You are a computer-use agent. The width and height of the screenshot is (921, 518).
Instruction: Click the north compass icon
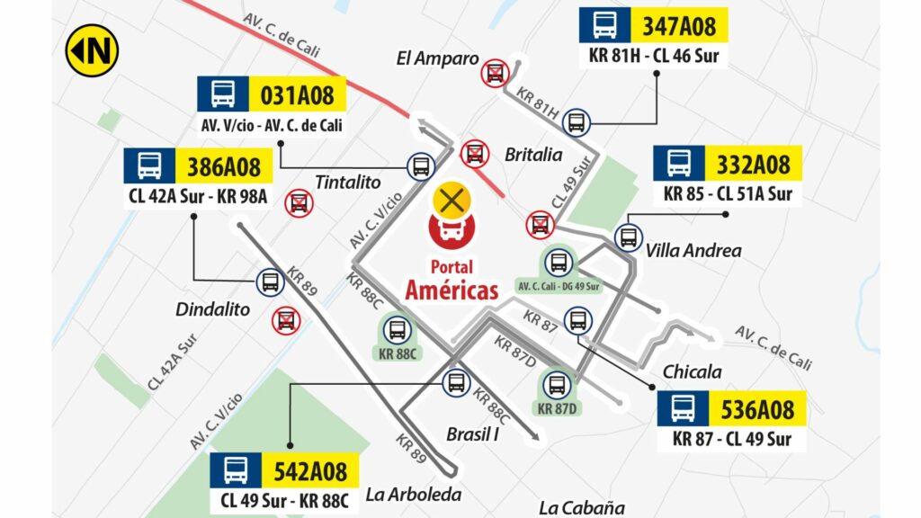point(92,50)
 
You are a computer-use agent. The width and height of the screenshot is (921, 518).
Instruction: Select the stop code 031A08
point(297,94)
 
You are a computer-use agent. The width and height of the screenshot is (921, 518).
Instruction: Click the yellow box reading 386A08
point(223,165)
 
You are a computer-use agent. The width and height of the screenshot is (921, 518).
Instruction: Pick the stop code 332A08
point(753,164)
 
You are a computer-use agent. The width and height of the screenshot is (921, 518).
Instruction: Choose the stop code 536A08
point(757,409)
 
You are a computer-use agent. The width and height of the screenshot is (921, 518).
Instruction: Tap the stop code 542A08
point(309,470)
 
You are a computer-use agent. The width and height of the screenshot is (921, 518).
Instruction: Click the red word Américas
point(451,290)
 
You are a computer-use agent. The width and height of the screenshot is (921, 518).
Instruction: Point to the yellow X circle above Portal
point(451,201)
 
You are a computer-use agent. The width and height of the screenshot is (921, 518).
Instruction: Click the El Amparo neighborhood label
point(437,59)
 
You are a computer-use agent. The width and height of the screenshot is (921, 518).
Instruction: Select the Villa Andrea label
point(693,251)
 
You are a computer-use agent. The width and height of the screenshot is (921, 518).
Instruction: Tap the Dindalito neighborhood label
point(212,308)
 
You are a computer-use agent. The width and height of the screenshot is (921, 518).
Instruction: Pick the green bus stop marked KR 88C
point(398,336)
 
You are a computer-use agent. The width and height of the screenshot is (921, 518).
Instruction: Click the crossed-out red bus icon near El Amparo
point(494,73)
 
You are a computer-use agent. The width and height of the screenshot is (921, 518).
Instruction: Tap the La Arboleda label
point(413,494)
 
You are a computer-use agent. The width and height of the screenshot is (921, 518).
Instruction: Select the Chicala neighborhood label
point(693,371)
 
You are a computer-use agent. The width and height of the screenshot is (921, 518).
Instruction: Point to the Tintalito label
point(348,183)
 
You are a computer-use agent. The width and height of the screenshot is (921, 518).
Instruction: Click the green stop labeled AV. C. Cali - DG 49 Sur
point(559,269)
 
